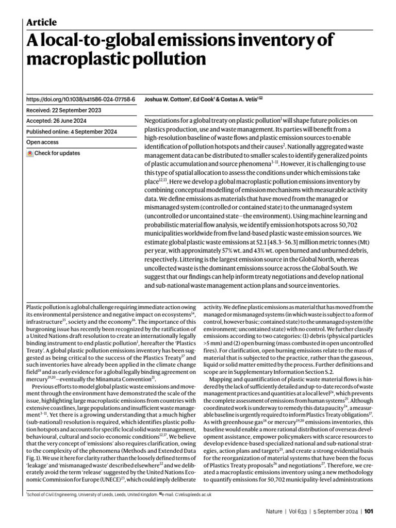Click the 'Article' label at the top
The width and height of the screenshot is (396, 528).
tap(41, 22)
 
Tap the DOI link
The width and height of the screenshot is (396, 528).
tap(80, 98)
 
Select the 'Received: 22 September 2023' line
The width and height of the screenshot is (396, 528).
tap(63, 110)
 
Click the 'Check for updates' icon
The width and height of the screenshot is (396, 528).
tap(30, 153)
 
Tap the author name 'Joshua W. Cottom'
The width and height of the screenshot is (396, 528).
tap(167, 98)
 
